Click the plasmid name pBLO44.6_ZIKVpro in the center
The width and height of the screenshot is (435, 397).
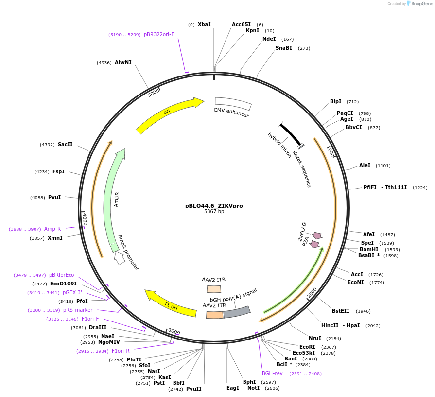pos(214,206)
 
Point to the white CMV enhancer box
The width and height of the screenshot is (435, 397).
pos(233,103)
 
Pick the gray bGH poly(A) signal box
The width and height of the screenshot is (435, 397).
pos(237,312)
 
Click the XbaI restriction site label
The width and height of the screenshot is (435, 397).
pos(204,24)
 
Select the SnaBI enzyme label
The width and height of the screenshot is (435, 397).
pos(284,48)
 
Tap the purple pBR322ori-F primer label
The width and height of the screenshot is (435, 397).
pos(158,34)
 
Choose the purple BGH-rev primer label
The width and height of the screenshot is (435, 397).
pos(272,373)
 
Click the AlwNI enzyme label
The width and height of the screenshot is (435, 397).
pos(123,62)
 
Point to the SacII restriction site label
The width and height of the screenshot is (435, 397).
pos(65,144)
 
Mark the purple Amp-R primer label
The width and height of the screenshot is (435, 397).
pos(52,229)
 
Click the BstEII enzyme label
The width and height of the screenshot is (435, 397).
pos(341,311)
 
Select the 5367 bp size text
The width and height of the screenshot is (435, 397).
pos(214,212)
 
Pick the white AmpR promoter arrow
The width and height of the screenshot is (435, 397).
pos(119,258)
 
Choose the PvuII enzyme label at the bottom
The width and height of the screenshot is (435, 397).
pos(193,389)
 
